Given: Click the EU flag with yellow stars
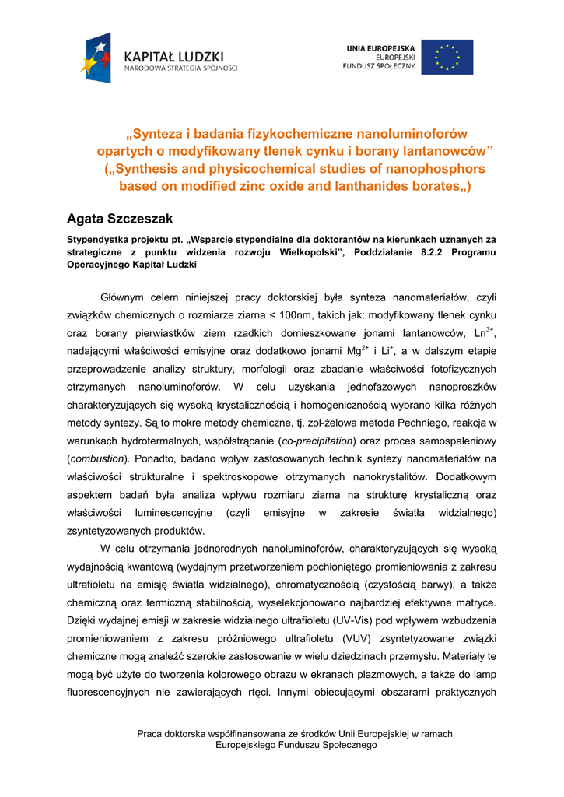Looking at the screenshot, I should (447, 57).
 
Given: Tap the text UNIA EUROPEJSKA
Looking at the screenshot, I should (380, 48).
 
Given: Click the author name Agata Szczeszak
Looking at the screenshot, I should (119, 219).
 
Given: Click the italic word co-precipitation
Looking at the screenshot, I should (316, 441).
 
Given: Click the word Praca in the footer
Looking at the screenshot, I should (150, 734).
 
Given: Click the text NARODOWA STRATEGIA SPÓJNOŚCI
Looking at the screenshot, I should (181, 68).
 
